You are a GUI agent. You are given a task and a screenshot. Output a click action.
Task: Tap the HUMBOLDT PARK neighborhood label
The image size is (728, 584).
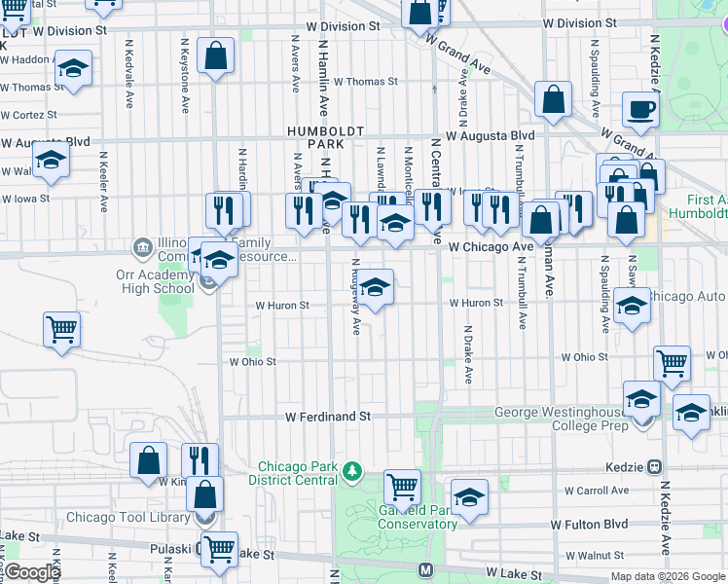[325, 136]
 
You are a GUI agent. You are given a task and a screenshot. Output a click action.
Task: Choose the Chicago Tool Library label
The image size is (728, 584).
[128, 517]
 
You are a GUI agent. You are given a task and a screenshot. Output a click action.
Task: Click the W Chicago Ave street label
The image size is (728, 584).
[491, 247]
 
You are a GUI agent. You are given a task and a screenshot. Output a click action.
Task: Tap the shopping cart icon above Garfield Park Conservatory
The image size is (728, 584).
[402, 485]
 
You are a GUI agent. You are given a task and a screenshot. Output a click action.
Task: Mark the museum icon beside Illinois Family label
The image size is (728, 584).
[142, 243]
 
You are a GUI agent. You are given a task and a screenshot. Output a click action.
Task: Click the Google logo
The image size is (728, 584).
[33, 571]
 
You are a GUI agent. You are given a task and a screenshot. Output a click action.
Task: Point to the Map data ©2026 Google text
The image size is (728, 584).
[667, 576]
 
